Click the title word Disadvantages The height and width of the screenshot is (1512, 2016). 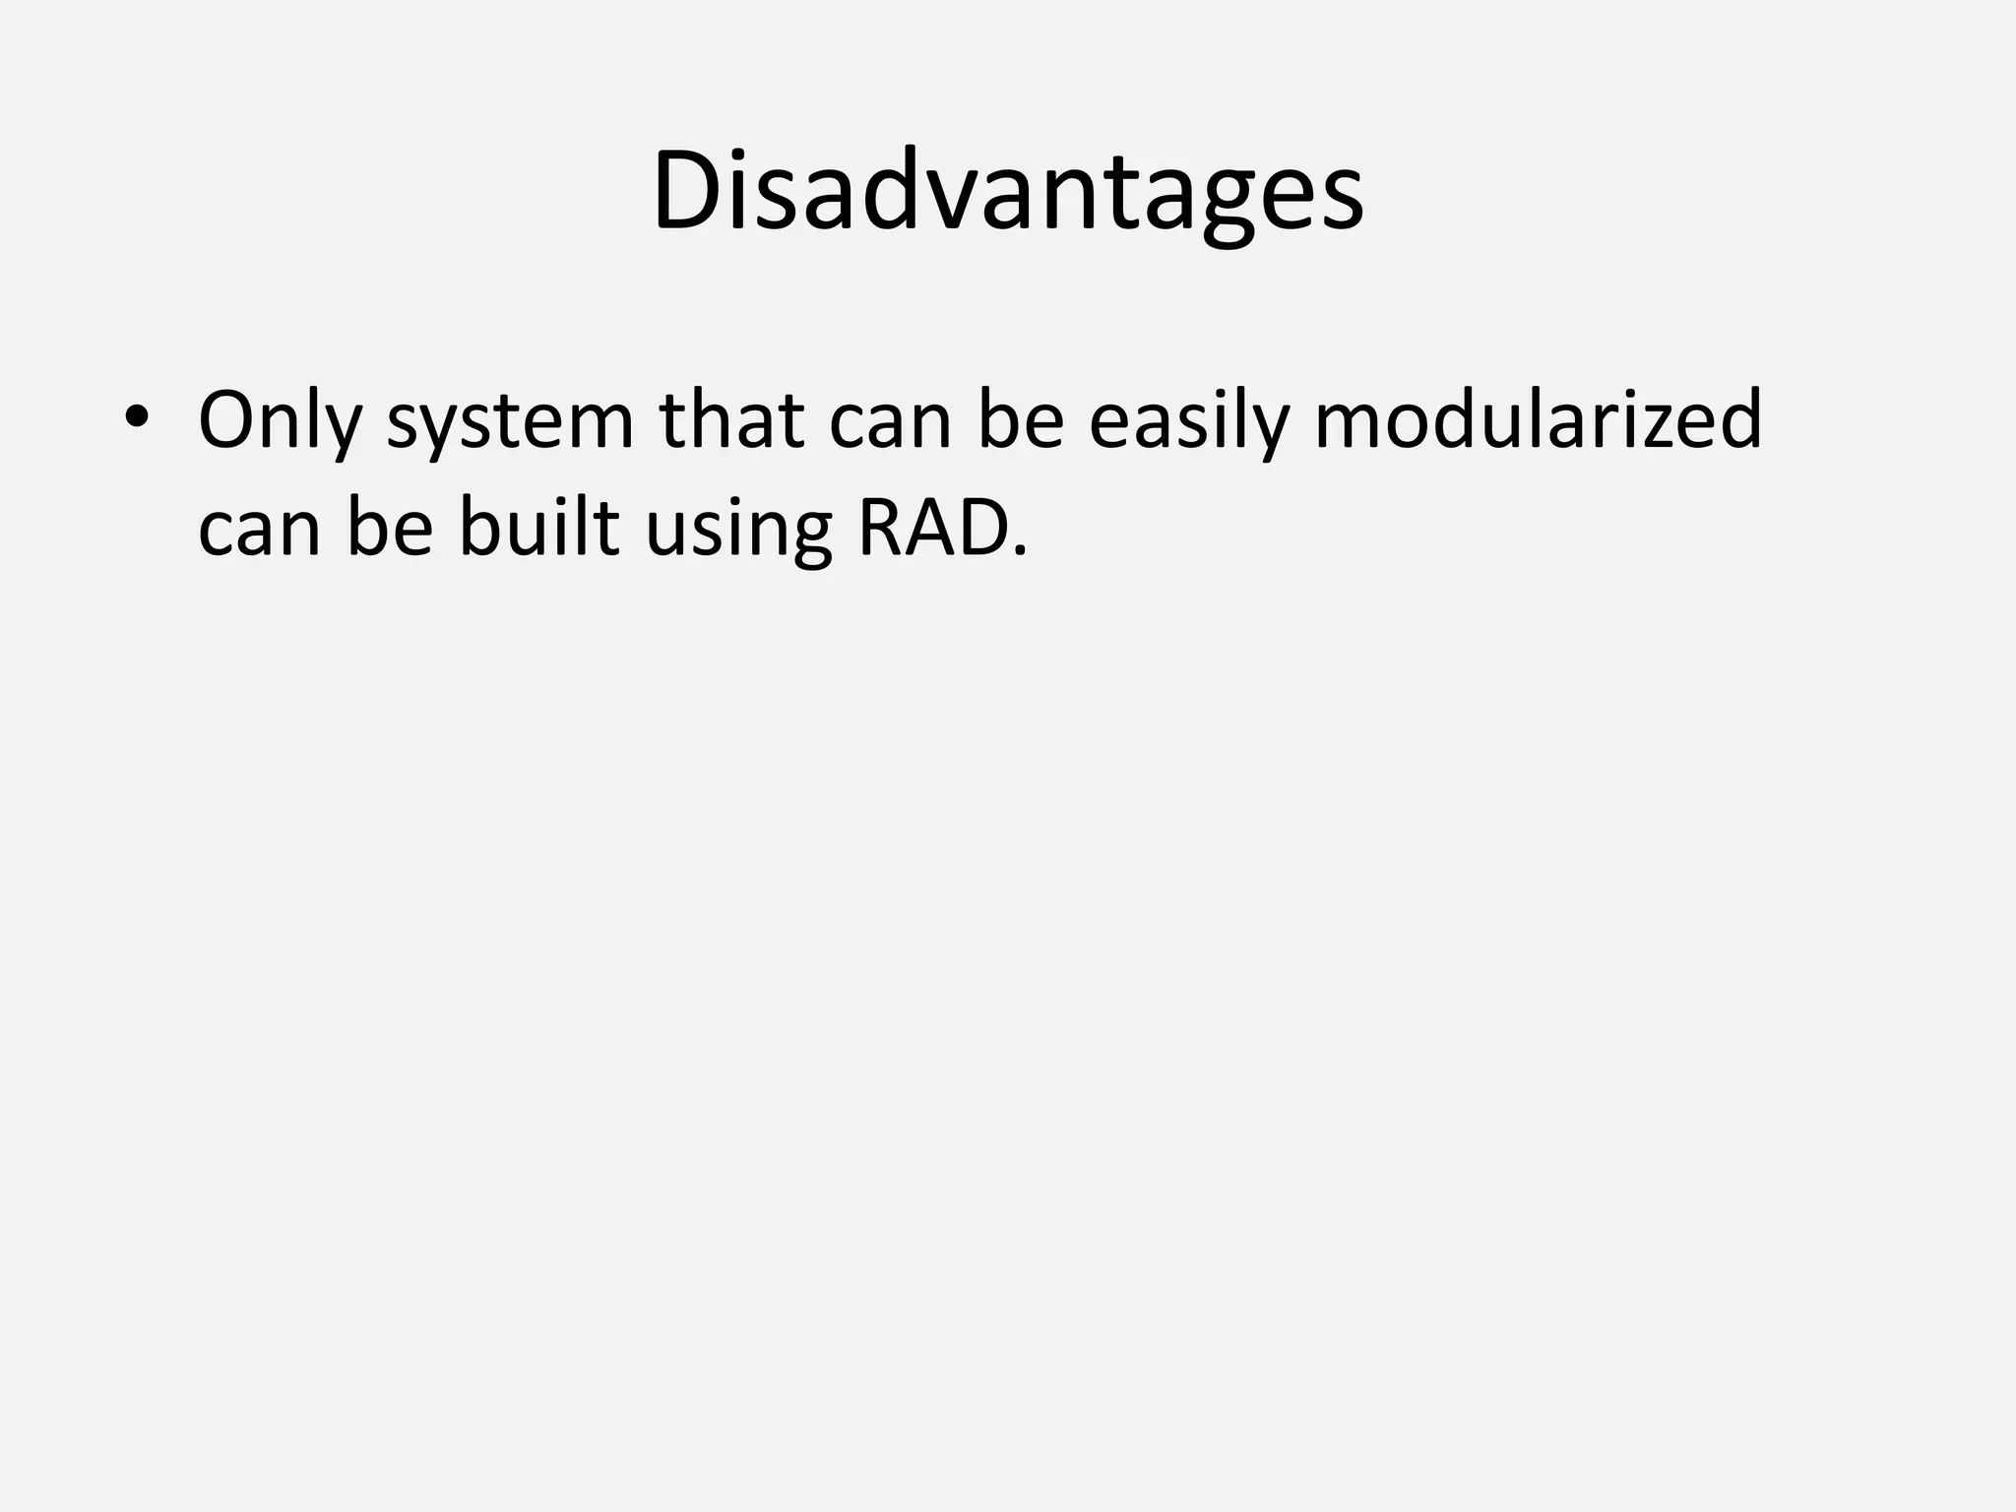pos(1007,192)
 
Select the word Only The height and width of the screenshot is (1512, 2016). pos(279,421)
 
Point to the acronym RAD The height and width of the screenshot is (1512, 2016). pos(931,528)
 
